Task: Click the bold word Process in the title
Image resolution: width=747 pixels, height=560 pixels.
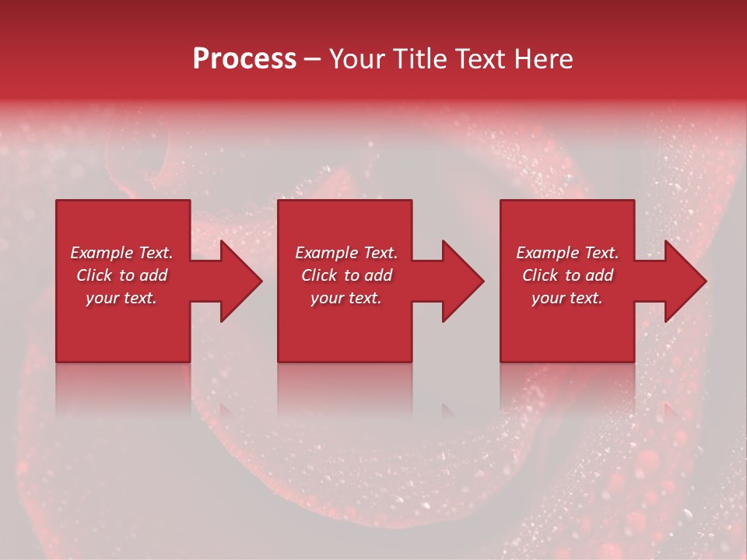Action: [244, 59]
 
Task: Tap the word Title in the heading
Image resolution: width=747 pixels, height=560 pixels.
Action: [420, 59]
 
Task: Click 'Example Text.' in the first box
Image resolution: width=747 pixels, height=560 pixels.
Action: [121, 253]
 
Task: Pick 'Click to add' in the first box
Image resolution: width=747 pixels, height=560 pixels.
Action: [121, 275]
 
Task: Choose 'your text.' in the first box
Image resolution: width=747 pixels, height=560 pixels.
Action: [121, 298]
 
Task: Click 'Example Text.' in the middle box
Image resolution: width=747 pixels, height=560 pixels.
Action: [346, 253]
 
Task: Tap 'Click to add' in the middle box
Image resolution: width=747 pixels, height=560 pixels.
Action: [346, 275]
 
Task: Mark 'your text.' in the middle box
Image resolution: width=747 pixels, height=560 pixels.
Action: [346, 298]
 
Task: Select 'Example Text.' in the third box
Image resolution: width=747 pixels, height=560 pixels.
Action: [567, 253]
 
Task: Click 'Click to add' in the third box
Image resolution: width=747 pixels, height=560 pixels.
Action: [567, 275]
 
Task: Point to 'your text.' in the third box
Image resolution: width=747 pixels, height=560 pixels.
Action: [567, 298]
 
